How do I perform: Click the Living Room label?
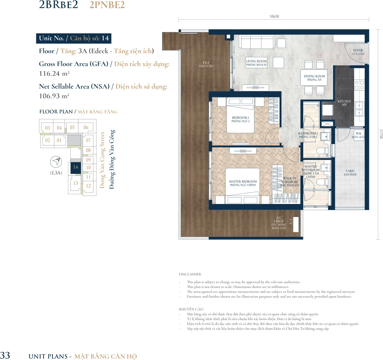point(256,63)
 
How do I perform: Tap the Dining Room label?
point(315,78)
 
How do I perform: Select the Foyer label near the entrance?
point(358,52)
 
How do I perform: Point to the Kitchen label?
point(344,103)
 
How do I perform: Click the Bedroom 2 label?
point(241,119)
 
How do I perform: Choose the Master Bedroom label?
point(243,183)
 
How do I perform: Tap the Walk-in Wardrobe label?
point(290,181)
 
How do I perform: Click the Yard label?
point(350,172)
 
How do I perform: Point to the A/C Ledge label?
point(279,223)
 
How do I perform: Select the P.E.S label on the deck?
point(206,64)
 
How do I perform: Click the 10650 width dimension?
point(274,16)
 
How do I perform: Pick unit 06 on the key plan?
point(86,127)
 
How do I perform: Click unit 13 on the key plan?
point(76,183)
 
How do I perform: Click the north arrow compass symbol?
point(56,162)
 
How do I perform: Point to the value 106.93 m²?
point(54,96)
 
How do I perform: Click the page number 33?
point(5,355)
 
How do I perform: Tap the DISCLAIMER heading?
point(190,274)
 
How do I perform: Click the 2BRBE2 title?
point(59,5)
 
